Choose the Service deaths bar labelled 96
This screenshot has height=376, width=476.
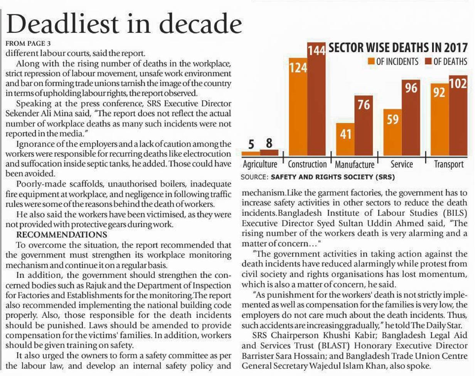[411, 117]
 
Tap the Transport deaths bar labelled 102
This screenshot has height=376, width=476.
[458, 116]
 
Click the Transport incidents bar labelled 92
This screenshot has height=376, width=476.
[439, 119]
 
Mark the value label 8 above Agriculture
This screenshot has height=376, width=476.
[269, 143]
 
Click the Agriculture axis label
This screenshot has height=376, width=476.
[260, 164]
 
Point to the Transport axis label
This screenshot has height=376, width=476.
[449, 164]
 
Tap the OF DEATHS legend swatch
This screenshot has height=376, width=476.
[428, 62]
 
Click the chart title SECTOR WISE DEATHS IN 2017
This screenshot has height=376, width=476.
[398, 48]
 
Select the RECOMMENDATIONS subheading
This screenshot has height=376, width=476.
[62, 235]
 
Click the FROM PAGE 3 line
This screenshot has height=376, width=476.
[29, 43]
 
